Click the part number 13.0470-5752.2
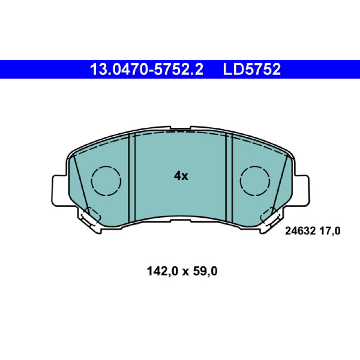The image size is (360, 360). (147, 69)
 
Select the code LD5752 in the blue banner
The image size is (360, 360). (252, 69)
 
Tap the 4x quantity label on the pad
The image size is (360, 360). (181, 176)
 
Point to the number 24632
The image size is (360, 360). (300, 231)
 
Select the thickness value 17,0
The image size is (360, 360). (330, 231)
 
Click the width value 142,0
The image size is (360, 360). (162, 271)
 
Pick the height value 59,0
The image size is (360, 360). (205, 271)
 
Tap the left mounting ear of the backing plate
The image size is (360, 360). (60, 190)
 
